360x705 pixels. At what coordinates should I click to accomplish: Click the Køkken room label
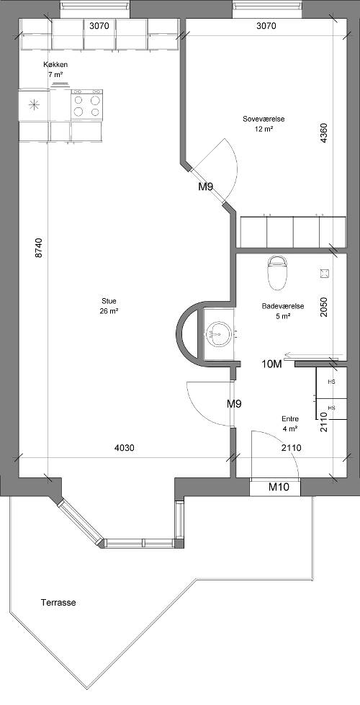[55, 65]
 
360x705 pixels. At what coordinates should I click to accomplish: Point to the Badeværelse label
[283, 306]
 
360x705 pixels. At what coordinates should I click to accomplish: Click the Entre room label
[290, 418]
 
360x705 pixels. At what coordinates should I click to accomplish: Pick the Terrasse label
[58, 603]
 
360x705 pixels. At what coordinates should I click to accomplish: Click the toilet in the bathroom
[276, 273]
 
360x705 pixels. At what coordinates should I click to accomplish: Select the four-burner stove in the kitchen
[86, 105]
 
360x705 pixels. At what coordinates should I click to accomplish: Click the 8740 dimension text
[39, 248]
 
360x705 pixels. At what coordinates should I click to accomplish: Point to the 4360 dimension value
[324, 133]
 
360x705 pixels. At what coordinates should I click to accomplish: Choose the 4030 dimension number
[125, 447]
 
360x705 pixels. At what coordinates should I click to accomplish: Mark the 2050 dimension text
[324, 307]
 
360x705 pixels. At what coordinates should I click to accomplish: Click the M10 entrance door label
[279, 487]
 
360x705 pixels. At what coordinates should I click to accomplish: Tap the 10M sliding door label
[271, 364]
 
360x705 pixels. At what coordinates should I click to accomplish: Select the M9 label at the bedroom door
[205, 187]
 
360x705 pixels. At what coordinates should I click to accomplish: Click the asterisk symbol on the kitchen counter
[34, 105]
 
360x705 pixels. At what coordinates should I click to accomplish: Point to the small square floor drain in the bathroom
[324, 273]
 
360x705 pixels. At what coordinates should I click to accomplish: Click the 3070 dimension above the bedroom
[266, 26]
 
